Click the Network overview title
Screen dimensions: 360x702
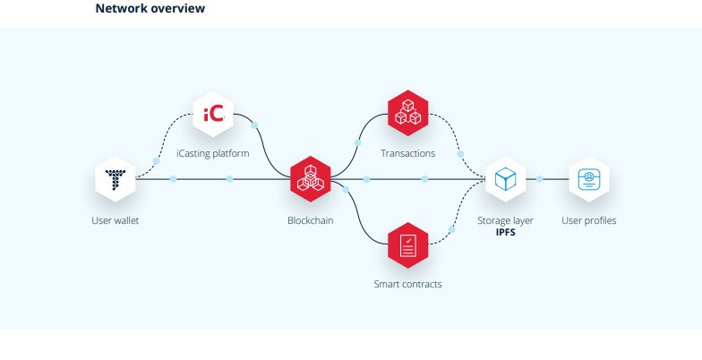click(x=150, y=9)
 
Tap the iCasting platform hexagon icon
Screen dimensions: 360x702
click(x=213, y=115)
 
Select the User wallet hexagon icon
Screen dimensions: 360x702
click(x=116, y=179)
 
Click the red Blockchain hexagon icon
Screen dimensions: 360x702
click(x=311, y=179)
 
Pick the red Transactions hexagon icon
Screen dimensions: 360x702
click(x=407, y=114)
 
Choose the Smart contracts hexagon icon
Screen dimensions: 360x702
click(x=407, y=244)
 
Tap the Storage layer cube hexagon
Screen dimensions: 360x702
click(x=506, y=179)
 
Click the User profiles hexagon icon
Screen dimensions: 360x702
click(x=588, y=179)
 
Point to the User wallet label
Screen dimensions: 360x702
click(x=116, y=220)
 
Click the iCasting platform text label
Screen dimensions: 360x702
click(x=213, y=153)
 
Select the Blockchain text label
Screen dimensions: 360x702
click(x=311, y=220)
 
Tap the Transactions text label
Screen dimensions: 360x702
click(x=407, y=153)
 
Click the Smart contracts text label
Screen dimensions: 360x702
click(x=407, y=285)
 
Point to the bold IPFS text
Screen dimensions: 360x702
click(x=506, y=232)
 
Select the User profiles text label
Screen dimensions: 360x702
click(x=588, y=220)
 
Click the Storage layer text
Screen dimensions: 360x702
click(x=506, y=220)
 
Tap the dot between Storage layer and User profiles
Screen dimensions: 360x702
click(x=540, y=179)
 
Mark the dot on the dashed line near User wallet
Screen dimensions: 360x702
click(x=157, y=161)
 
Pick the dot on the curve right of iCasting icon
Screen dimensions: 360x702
click(x=255, y=124)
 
